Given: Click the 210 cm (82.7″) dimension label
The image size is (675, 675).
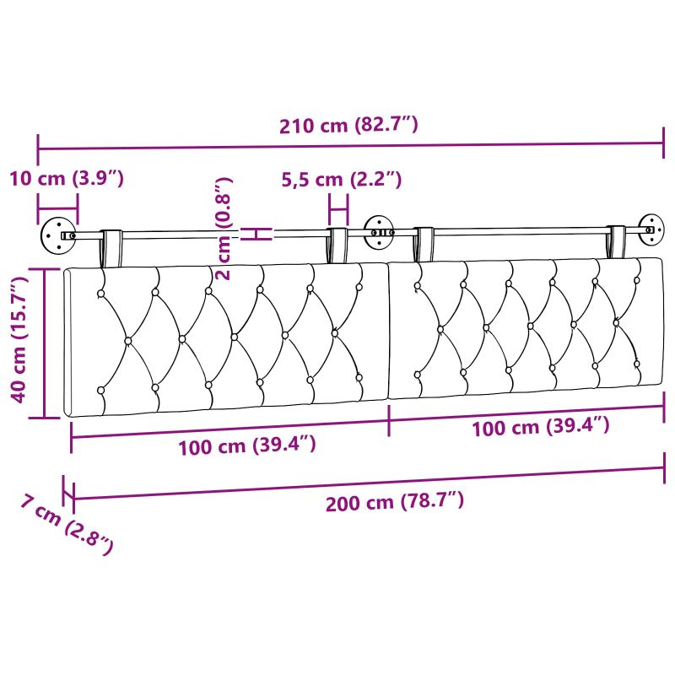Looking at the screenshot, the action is pyautogui.click(x=348, y=125).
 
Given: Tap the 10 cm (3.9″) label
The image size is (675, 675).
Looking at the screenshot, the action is pyautogui.click(x=67, y=178).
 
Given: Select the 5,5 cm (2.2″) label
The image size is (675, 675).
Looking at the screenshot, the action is pyautogui.click(x=342, y=179).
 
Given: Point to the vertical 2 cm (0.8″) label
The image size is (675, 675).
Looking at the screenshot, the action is pyautogui.click(x=224, y=229).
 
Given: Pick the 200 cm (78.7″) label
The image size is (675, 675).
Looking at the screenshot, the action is pyautogui.click(x=395, y=502).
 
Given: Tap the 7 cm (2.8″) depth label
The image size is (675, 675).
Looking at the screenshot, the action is pyautogui.click(x=67, y=525).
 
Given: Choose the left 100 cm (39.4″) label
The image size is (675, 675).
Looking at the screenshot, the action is pyautogui.click(x=247, y=446).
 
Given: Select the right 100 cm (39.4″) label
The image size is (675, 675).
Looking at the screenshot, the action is pyautogui.click(x=541, y=427).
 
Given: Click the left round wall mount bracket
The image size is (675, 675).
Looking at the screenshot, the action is pyautogui.click(x=57, y=235).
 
